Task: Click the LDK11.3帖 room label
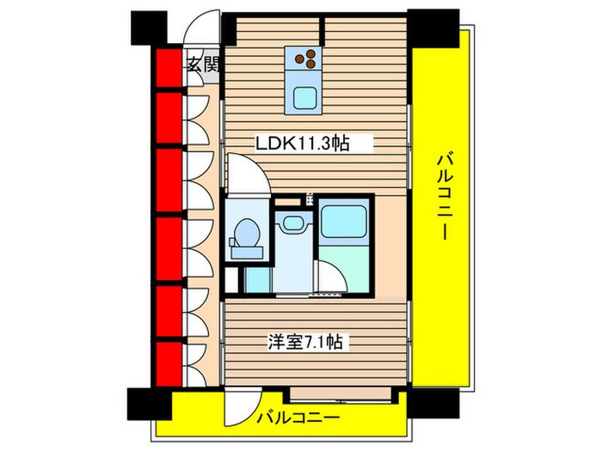click(x=301, y=143)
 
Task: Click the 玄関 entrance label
click(x=202, y=64)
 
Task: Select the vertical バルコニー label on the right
click(x=444, y=195)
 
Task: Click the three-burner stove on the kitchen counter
click(x=305, y=58)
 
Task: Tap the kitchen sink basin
click(x=305, y=96)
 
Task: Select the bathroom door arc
click(x=327, y=275)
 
